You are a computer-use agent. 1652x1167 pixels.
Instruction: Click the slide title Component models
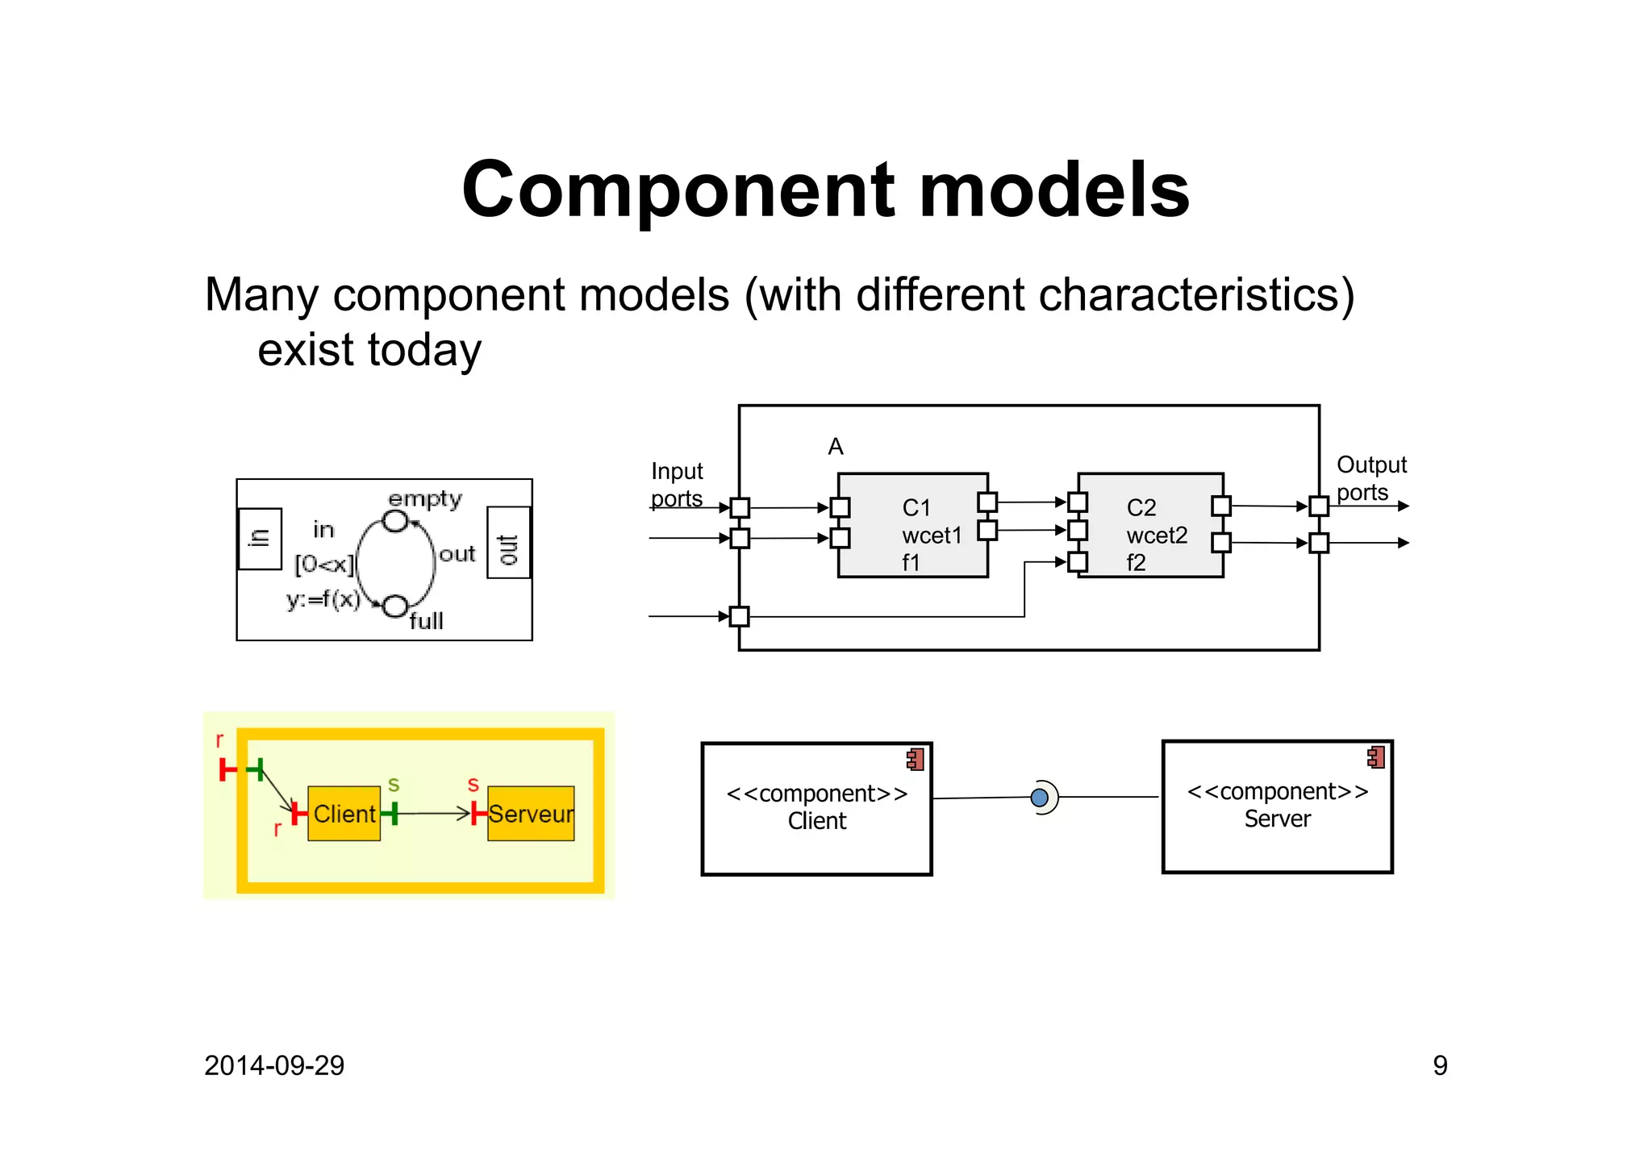point(825,190)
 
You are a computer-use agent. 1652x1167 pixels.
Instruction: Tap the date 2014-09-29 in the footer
point(274,1065)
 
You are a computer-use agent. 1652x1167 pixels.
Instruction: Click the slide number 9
point(1440,1065)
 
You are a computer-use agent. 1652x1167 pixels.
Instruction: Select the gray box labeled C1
point(912,526)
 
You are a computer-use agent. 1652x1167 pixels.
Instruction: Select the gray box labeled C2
point(1150,526)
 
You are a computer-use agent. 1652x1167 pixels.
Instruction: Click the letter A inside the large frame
point(836,447)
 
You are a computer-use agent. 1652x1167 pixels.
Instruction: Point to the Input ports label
point(677,484)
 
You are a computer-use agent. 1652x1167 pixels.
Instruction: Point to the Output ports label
point(1370,477)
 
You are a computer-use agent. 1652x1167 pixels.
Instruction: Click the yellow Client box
point(344,814)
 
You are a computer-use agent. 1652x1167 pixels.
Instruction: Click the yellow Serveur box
point(532,814)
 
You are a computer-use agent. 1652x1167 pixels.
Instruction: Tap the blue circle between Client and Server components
point(1040,798)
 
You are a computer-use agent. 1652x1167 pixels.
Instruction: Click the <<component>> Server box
point(1277,806)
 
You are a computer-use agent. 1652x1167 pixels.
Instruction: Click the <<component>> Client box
point(816,808)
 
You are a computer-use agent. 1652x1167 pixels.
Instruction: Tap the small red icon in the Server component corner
point(1376,756)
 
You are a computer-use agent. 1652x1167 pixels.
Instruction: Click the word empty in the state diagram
point(425,498)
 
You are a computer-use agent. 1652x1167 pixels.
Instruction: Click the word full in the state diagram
point(426,621)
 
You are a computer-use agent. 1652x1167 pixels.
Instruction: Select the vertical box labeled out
point(509,543)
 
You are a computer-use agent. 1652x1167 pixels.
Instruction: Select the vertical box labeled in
point(260,539)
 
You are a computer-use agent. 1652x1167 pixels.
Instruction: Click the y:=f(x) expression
point(323,599)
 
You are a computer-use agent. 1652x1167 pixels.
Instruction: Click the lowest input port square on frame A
point(739,617)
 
